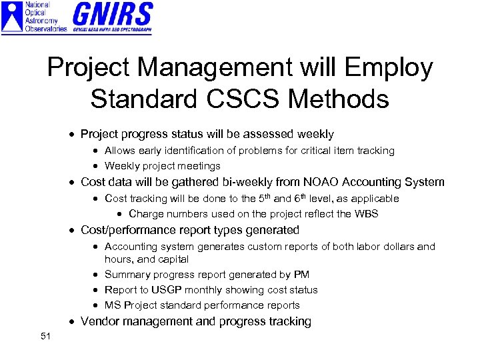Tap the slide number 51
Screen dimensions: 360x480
tap(45, 336)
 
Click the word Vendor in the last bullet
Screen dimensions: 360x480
tap(100, 322)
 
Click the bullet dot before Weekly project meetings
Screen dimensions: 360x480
tap(97, 167)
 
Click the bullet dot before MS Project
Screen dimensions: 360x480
tap(97, 306)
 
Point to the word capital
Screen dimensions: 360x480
tap(173, 259)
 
